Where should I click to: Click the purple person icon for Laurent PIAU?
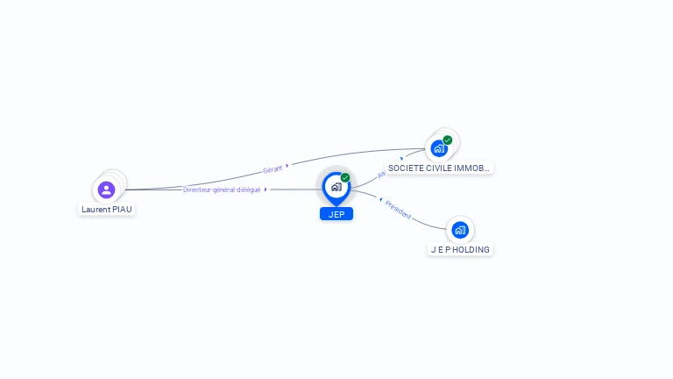(106, 189)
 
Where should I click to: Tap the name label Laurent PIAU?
(107, 210)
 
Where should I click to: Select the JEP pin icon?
(336, 187)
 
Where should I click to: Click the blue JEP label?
(336, 214)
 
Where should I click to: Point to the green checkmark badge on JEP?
(345, 177)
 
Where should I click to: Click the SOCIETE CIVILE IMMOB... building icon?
(439, 148)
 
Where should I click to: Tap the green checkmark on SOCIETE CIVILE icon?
(448, 139)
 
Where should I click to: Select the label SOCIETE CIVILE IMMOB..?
(440, 168)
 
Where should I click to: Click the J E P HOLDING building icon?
(460, 230)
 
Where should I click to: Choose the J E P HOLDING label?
(460, 249)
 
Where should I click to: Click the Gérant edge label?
(273, 168)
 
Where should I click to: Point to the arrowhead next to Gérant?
(287, 164)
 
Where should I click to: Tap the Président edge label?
(399, 210)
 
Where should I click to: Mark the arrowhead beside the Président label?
(381, 201)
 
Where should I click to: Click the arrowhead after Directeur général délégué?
(266, 189)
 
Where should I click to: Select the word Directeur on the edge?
(197, 189)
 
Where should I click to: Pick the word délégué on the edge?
(249, 189)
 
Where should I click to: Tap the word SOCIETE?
(404, 168)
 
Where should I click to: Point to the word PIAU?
(122, 210)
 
